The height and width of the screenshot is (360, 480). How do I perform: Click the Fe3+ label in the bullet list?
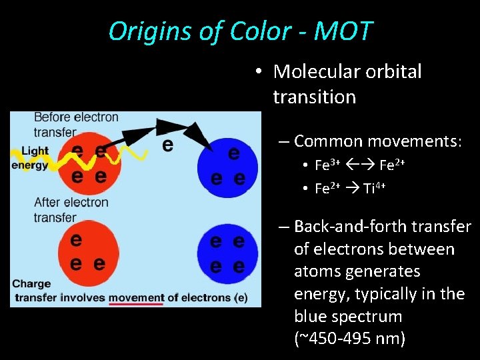(x=327, y=165)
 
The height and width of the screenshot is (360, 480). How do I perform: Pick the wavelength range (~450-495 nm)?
(x=349, y=339)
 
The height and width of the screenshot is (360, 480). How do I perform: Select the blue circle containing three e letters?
(x=227, y=164)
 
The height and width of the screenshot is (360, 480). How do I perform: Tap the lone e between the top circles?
(x=168, y=145)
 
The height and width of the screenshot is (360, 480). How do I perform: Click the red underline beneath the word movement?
(x=136, y=305)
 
